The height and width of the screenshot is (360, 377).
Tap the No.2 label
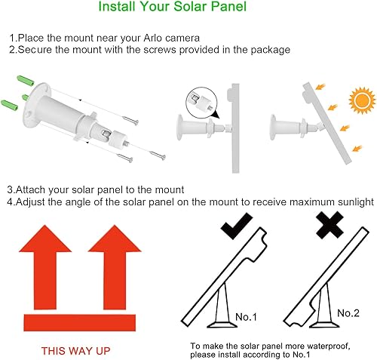348,312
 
